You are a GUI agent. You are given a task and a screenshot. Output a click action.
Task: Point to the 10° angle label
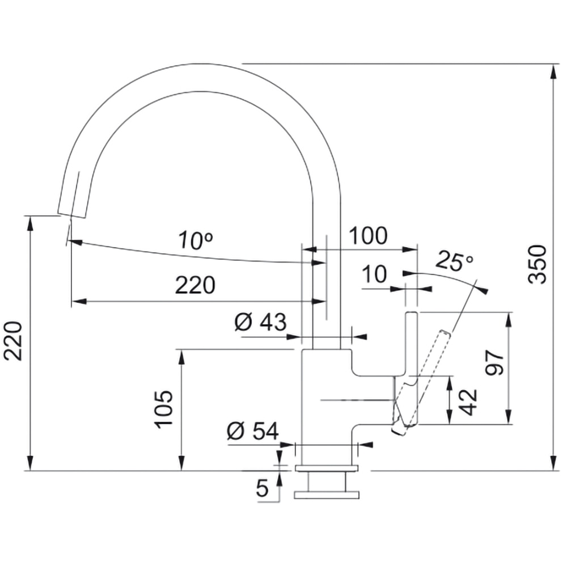[x=195, y=241]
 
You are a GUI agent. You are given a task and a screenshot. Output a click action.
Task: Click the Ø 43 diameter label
[x=260, y=323]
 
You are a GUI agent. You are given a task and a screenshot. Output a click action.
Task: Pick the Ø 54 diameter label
[x=253, y=432]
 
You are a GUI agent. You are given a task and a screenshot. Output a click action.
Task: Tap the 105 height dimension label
[x=163, y=409]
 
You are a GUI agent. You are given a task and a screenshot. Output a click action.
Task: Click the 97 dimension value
[x=494, y=362]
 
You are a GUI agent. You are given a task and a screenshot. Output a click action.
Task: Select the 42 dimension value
[x=468, y=401]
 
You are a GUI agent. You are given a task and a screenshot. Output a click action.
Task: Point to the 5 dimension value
[x=261, y=488]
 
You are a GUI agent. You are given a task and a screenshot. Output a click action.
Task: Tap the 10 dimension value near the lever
[x=374, y=274]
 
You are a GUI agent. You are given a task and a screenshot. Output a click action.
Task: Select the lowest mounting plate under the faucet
[x=327, y=496]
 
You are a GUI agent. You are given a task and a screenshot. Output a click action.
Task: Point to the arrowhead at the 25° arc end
[x=483, y=290]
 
